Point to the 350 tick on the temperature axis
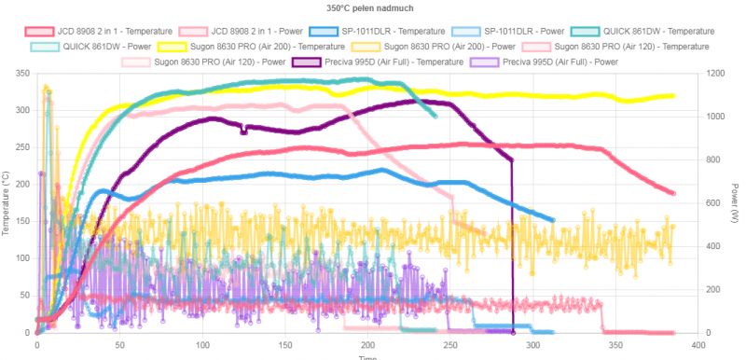coord(21,74)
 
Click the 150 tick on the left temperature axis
coord(21,222)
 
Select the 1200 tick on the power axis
coord(714,74)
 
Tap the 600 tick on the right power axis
coord(711,203)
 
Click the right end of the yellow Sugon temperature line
coord(673,96)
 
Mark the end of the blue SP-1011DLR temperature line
coord(552,220)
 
